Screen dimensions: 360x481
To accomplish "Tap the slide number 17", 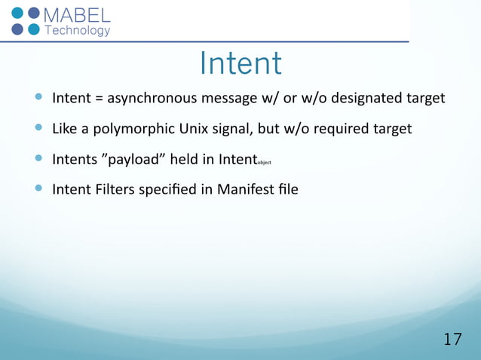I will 452,339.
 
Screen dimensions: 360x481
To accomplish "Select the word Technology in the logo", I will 78,31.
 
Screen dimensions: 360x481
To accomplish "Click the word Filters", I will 112,189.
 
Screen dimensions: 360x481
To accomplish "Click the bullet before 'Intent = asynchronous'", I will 39,98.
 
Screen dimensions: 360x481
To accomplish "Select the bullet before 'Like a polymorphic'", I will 39,129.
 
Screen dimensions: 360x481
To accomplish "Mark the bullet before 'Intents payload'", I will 39,159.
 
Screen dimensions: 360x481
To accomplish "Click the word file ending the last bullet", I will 286,189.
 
